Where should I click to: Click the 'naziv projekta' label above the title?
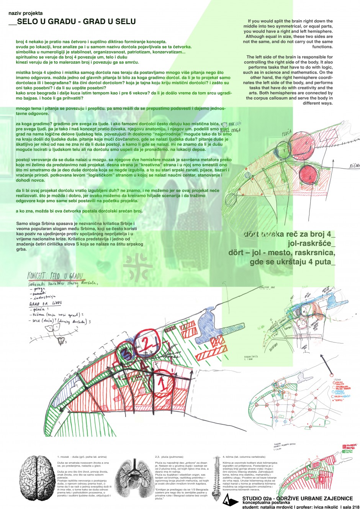coord(26,13)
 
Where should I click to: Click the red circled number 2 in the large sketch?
coord(144,341)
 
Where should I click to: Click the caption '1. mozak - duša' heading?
coord(82,457)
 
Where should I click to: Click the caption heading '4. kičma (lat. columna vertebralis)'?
coord(244,457)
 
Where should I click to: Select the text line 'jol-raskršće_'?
coord(311,244)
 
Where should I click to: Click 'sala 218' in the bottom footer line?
coord(350,507)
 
